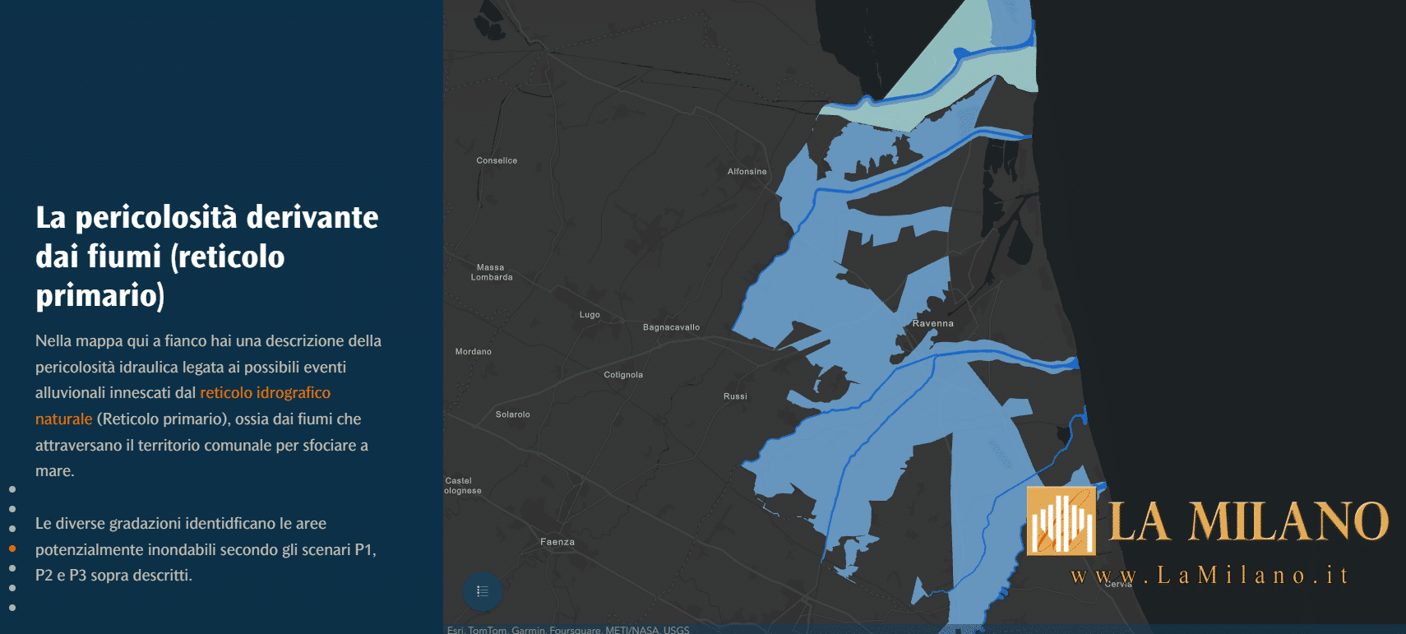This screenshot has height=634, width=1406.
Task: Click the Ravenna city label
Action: click(x=932, y=323)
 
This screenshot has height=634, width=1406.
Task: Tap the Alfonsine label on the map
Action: click(x=747, y=172)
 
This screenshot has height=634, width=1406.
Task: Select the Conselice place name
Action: click(x=497, y=160)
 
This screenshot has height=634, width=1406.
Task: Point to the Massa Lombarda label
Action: click(x=492, y=272)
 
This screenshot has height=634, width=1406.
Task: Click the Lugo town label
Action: click(x=590, y=315)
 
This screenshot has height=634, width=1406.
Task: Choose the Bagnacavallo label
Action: click(x=671, y=327)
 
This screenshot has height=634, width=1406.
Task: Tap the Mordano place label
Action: click(x=474, y=352)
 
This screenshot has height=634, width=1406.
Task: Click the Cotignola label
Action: click(x=623, y=375)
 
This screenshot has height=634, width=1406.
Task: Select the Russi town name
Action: click(x=735, y=396)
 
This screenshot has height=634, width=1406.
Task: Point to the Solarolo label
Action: click(x=512, y=414)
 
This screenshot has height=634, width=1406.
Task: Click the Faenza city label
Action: click(x=557, y=542)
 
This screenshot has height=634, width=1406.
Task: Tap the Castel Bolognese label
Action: click(x=462, y=486)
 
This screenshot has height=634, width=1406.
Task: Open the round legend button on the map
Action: click(x=483, y=591)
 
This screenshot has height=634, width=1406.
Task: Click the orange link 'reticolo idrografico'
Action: click(x=265, y=393)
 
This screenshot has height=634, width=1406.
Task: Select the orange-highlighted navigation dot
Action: click(x=12, y=548)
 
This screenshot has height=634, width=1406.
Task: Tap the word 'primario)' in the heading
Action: click(x=100, y=295)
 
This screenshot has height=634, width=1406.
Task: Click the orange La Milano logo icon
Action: click(x=1061, y=521)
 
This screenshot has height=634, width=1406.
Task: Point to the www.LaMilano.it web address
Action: click(x=1209, y=576)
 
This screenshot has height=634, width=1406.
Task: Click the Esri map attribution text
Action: click(x=568, y=630)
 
